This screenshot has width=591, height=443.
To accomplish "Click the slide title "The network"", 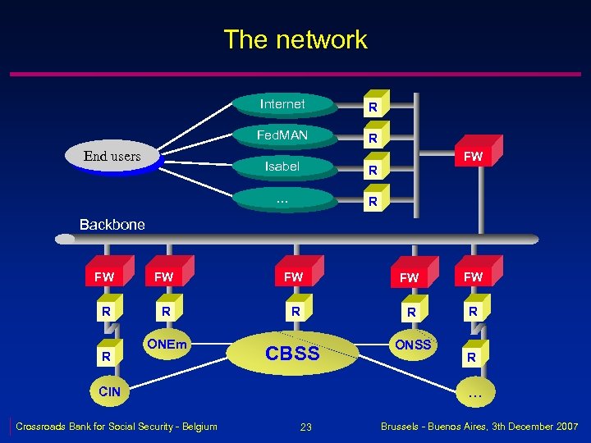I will tap(295, 39).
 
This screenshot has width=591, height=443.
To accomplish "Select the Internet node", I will tap(282, 104).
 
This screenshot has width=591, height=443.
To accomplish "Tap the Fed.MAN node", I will tap(282, 135).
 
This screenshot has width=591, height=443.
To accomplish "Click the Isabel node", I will tap(282, 167).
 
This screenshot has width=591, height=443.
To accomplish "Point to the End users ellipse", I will tap(112, 157).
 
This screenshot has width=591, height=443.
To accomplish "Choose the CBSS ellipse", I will tap(292, 354).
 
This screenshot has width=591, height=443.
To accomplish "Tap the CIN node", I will tap(109, 391).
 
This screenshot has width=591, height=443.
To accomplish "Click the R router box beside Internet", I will tap(373, 107).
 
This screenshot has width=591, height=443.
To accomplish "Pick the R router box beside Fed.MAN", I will tap(373, 139).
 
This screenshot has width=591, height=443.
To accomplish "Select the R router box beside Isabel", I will tap(373, 171).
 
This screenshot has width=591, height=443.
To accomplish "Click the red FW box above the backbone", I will tap(474, 155).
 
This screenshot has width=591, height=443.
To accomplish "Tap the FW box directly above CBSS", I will tap(293, 277).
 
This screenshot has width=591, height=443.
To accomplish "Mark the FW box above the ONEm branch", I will tap(164, 277).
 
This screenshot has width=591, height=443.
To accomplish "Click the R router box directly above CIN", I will tap(105, 357).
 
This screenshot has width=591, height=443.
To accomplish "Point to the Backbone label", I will tap(112, 224).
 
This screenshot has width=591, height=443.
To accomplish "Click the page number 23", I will tap(305, 427).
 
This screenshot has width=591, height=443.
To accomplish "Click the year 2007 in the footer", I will tap(564, 426).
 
